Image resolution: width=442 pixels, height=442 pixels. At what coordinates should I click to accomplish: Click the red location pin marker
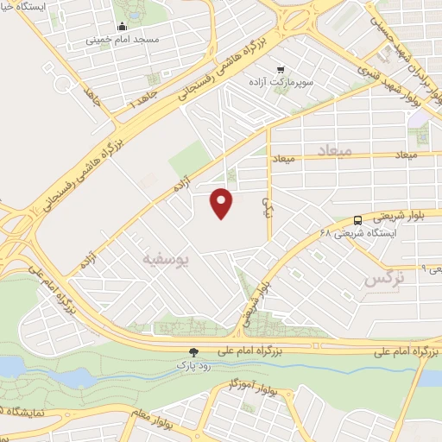point(223,202)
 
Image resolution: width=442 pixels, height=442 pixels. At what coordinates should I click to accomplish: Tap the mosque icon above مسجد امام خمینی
point(122,27)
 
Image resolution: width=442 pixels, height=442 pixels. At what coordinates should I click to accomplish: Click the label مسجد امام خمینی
point(122,40)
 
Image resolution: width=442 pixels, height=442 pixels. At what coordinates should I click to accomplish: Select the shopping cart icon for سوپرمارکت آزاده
point(280,69)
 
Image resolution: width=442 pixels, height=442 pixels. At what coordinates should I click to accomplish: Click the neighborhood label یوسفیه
point(169,256)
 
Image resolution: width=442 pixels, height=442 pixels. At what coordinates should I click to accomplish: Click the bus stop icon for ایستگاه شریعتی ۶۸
point(358,219)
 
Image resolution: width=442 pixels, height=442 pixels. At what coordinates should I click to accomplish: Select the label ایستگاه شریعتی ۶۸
point(357,233)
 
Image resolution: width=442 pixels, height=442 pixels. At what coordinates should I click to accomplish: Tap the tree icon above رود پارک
point(193,352)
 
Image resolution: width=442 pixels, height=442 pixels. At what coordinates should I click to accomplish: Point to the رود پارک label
point(193,365)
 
